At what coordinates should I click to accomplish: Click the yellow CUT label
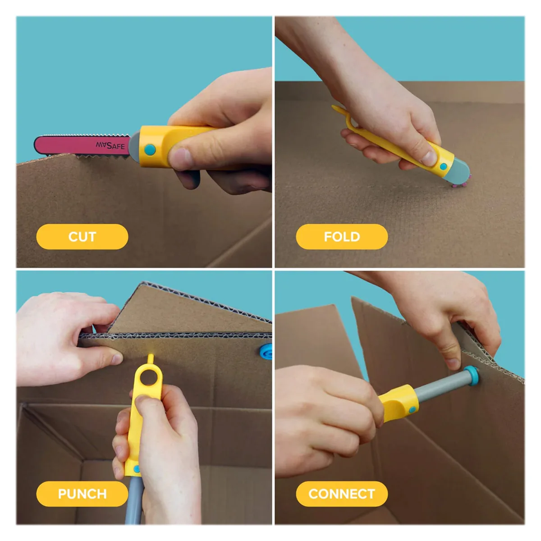pyautogui.click(x=82, y=236)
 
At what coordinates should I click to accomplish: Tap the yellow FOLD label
pyautogui.click(x=342, y=236)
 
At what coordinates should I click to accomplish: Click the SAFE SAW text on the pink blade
pyautogui.click(x=110, y=146)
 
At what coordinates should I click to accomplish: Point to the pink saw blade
pyautogui.click(x=82, y=146)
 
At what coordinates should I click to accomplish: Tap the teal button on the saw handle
pyautogui.click(x=150, y=150)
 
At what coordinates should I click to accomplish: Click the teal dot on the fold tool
pyautogui.click(x=443, y=166)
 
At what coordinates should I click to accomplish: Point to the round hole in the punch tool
pyautogui.click(x=148, y=377)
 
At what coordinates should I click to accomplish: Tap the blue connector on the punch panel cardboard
pyautogui.click(x=266, y=352)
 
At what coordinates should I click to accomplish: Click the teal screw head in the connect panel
pyautogui.click(x=472, y=376)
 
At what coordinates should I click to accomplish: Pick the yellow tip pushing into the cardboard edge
pyautogui.click(x=151, y=358)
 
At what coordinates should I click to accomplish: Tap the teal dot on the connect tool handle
pyautogui.click(x=412, y=410)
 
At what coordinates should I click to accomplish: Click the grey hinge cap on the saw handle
pyautogui.click(x=135, y=147)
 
